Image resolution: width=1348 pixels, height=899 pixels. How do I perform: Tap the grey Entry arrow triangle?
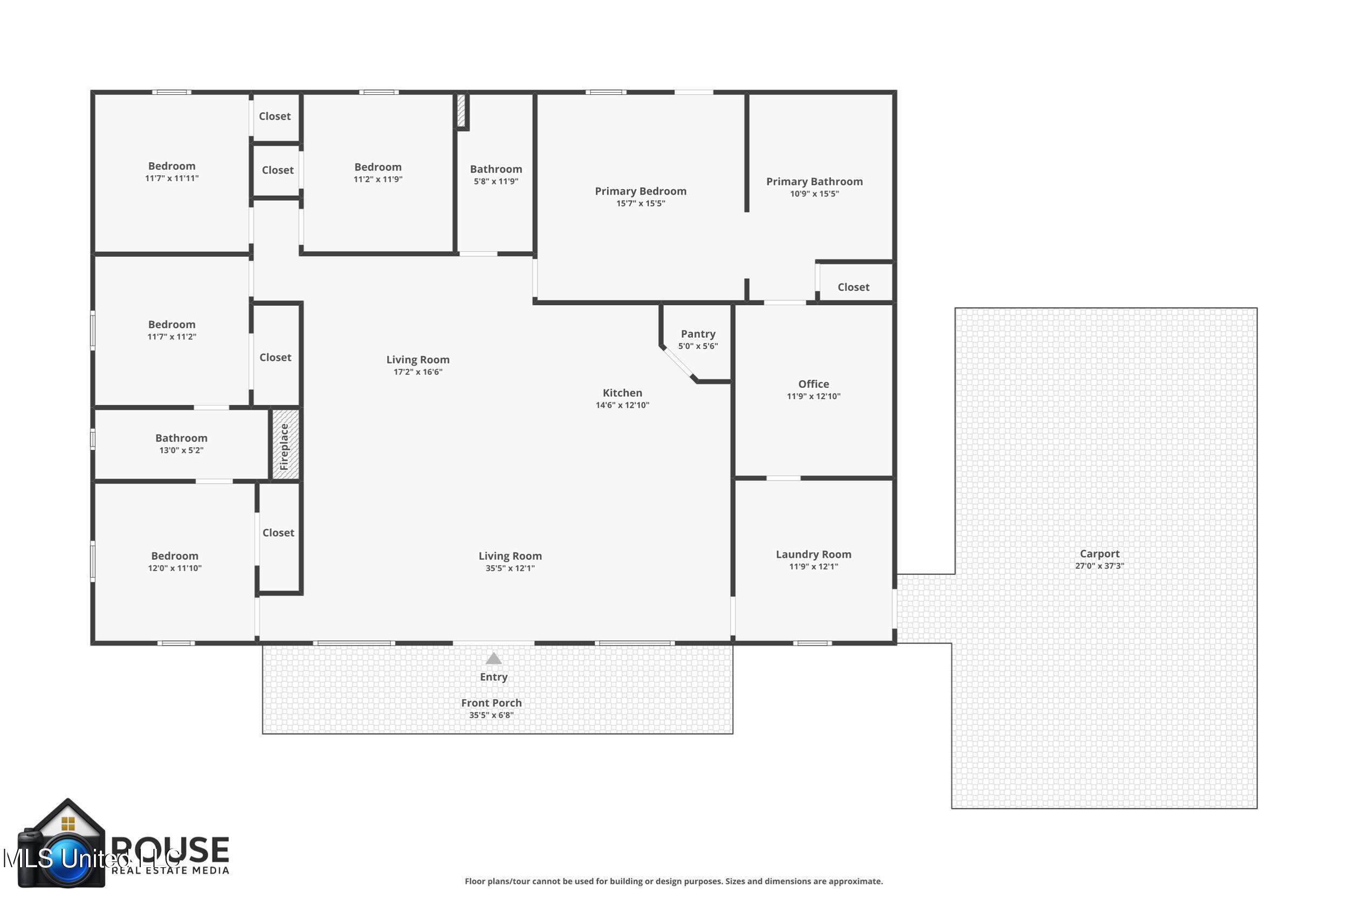point(493,659)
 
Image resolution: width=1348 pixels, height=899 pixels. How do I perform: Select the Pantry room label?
point(698,334)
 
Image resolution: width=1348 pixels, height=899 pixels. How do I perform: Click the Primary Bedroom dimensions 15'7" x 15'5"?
point(640,203)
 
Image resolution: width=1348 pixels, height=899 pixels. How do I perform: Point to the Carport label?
point(1099,554)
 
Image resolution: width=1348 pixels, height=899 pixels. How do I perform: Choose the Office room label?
point(813,384)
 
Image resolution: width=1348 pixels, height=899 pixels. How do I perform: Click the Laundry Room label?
point(813,554)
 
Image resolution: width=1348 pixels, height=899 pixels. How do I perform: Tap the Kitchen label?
point(622,393)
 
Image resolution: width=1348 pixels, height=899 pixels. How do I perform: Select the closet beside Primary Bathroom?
point(854,287)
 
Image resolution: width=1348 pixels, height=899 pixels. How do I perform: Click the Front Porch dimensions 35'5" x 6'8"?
point(491,715)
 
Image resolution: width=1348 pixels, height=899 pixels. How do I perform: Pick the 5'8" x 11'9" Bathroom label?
point(496,169)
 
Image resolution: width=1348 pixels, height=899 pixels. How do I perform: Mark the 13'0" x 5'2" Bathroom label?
point(181,438)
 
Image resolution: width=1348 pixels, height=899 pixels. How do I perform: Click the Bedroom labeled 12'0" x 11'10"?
point(174,556)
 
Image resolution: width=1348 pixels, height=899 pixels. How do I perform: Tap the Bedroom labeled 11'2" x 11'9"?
point(377,167)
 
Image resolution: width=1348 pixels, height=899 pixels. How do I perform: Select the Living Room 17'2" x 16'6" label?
point(417,360)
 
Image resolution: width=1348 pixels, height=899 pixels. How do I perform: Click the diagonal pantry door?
point(678,362)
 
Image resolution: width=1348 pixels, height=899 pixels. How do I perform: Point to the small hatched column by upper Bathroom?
point(461,111)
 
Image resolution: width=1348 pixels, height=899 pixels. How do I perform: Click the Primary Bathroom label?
point(814,182)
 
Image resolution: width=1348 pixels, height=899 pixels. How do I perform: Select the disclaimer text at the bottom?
point(673,881)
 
